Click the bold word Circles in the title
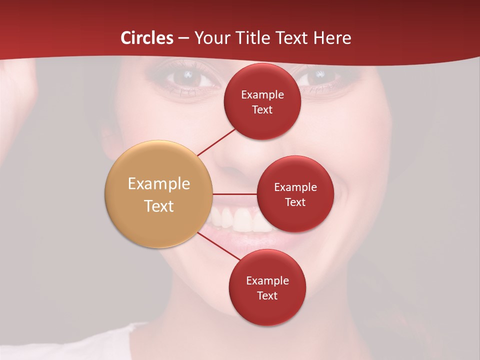pos(147,38)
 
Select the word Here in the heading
pos(332,38)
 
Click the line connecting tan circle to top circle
pos(216,141)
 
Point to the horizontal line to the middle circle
pos(234,194)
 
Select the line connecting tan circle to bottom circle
pos(218,246)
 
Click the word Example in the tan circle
pos(159,184)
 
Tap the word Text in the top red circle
pos(262,109)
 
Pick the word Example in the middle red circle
pos(295,187)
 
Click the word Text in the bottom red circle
pos(267,295)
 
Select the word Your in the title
pos(212,38)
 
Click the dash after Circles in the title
pos(183,38)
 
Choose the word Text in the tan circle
pos(159,206)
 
